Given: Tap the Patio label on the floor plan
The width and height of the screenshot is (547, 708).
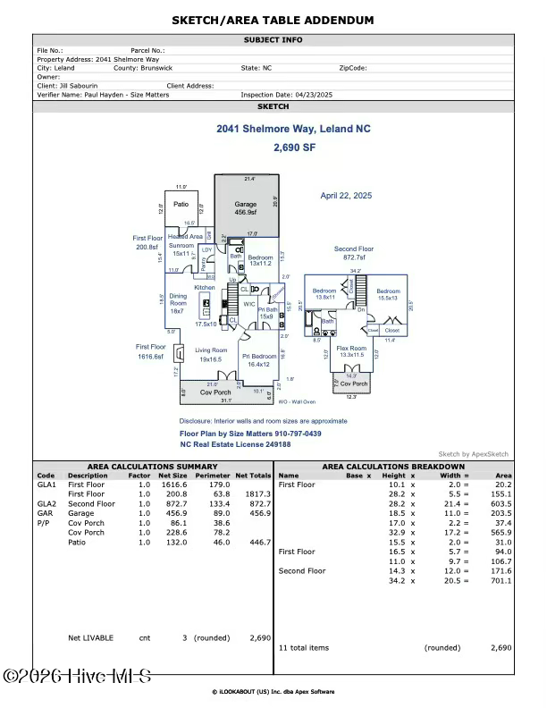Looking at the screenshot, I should (x=181, y=204).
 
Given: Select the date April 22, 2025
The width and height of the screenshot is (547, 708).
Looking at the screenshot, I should (x=346, y=195).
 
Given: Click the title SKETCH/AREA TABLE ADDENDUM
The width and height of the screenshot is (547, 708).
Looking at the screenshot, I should (x=273, y=20).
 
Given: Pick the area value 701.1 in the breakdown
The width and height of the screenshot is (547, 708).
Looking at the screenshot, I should (x=502, y=580).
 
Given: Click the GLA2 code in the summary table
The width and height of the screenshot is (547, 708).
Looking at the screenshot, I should (x=46, y=503).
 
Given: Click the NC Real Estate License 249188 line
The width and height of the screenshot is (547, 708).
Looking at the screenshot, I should (x=235, y=443).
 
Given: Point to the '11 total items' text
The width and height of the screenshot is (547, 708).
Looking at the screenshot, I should (x=304, y=646).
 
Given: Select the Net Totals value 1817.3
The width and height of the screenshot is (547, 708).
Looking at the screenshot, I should (x=258, y=493).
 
